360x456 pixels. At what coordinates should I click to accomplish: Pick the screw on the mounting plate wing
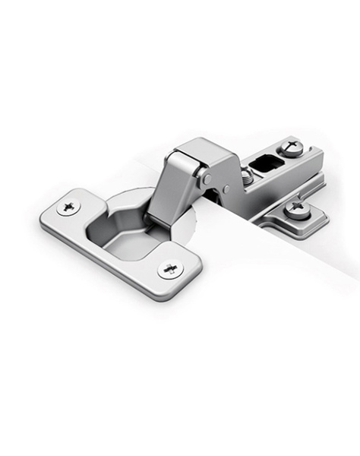click(x=296, y=208)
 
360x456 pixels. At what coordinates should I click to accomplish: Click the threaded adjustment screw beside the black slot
click(x=247, y=176)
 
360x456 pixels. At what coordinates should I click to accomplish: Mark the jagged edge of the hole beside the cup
click(x=195, y=220)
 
